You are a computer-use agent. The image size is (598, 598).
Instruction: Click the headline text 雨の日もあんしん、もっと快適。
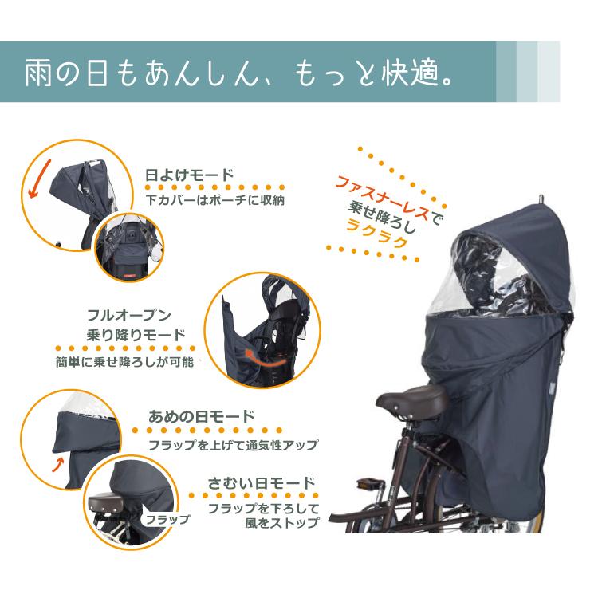point(239,72)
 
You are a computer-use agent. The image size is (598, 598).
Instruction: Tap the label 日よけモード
point(190,175)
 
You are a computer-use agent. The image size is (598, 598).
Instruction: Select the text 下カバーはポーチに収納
point(215,200)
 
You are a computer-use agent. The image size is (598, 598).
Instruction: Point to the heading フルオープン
point(129,316)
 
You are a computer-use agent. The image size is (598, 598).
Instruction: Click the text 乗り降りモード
point(136,335)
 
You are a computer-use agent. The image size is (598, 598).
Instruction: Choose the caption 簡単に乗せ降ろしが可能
point(124,361)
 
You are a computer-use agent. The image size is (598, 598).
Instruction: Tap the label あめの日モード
point(202,416)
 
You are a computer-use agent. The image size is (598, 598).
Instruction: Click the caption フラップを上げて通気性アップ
point(233,445)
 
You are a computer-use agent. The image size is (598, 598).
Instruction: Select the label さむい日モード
point(262,483)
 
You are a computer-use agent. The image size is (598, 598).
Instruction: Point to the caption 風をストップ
point(281,522)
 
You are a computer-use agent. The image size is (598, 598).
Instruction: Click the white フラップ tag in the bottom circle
point(167,519)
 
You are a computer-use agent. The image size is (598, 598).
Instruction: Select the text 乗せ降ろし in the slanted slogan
point(381,217)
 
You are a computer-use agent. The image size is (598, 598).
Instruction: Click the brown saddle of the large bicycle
point(412,400)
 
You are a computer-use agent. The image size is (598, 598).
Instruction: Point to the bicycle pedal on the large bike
point(370,484)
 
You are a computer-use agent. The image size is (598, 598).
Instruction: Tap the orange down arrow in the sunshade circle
point(40,179)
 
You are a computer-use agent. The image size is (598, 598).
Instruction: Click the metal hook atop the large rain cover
point(541,199)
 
